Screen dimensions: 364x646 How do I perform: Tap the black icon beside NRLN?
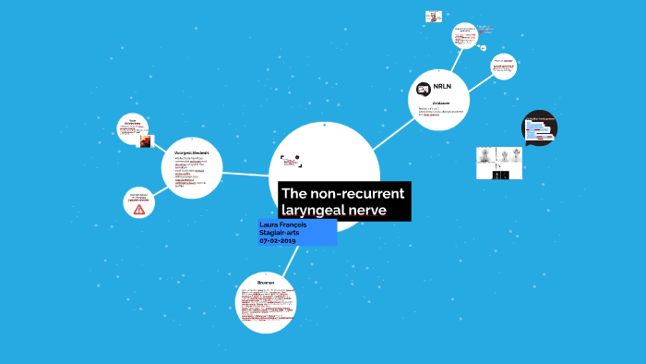click(x=424, y=89)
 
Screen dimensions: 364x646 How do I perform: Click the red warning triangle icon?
click(x=139, y=210)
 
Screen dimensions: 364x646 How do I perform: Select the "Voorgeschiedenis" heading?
click(x=192, y=152)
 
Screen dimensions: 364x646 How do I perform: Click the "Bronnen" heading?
click(x=267, y=281)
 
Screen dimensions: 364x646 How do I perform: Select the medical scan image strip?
click(x=498, y=163)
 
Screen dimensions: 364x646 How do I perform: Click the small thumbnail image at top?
click(x=433, y=17)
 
